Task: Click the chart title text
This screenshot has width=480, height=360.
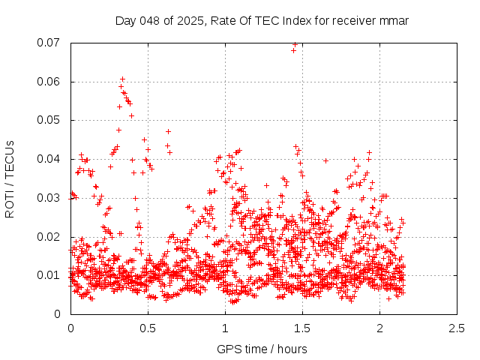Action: pos(262,20)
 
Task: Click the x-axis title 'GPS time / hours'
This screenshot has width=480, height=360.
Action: pos(262,349)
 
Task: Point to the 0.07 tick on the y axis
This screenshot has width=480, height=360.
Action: pos(52,43)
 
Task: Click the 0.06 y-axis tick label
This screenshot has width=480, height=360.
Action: pos(52,82)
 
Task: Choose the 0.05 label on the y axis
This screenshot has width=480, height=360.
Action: pos(52,120)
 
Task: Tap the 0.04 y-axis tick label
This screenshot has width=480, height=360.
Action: pos(52,159)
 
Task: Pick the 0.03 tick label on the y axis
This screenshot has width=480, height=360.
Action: pos(52,198)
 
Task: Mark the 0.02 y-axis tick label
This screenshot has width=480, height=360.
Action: pos(52,237)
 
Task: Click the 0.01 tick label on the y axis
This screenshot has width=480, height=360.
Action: pos(52,275)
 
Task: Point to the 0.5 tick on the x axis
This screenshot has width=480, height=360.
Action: pos(148,328)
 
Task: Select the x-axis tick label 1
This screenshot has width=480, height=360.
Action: pos(225,328)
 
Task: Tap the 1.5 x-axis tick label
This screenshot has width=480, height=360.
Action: pos(302,328)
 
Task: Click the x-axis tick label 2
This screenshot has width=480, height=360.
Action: pos(379,328)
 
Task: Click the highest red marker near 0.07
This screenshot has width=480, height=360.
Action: pos(295,44)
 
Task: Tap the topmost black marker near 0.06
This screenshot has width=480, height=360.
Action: pos(122,79)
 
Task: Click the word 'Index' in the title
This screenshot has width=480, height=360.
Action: pos(304,20)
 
